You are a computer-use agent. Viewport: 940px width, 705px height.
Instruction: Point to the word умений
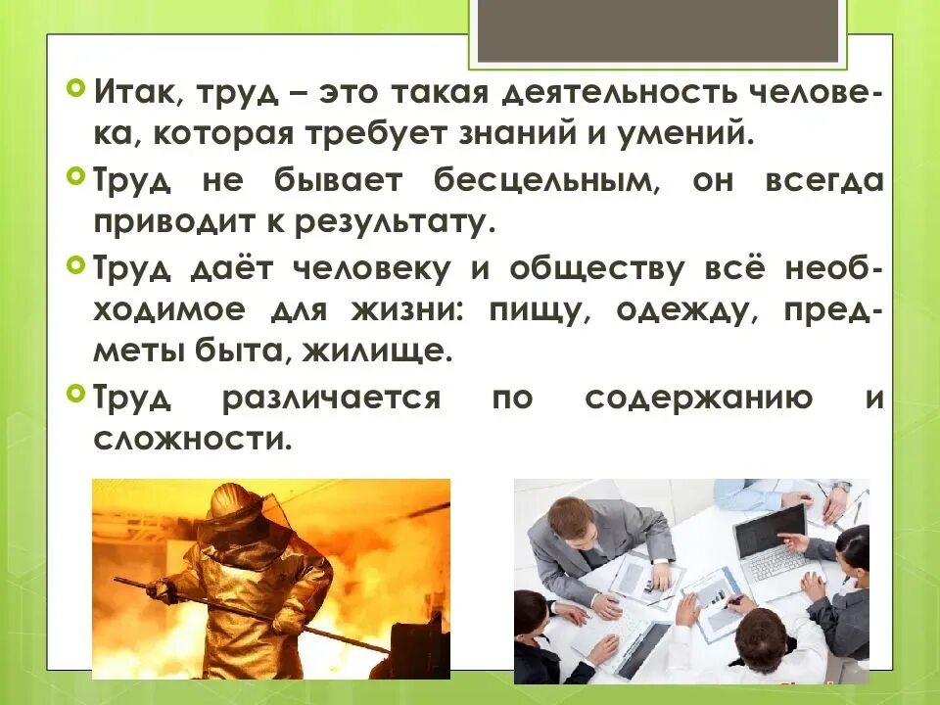(697, 133)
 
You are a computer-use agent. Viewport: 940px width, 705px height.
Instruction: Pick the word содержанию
(698, 399)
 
